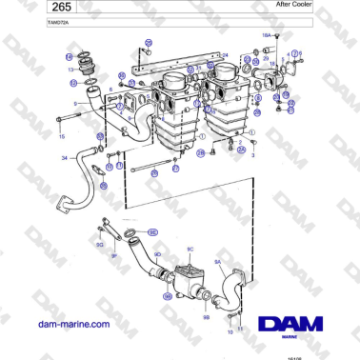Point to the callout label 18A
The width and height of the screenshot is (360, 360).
pos(267,34)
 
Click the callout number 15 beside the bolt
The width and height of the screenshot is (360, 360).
pos(63,136)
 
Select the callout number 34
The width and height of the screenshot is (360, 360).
pos(65,157)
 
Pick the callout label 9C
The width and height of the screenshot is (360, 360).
pos(190,250)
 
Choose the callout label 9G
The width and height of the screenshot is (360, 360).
pos(98,245)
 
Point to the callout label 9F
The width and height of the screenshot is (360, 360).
pos(113,255)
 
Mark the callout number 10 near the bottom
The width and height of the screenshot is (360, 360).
pos(230,333)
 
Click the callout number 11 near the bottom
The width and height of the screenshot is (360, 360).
pos(240,328)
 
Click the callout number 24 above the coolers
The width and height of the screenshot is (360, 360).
pos(225,55)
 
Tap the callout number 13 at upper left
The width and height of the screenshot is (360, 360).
pos(70,70)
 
